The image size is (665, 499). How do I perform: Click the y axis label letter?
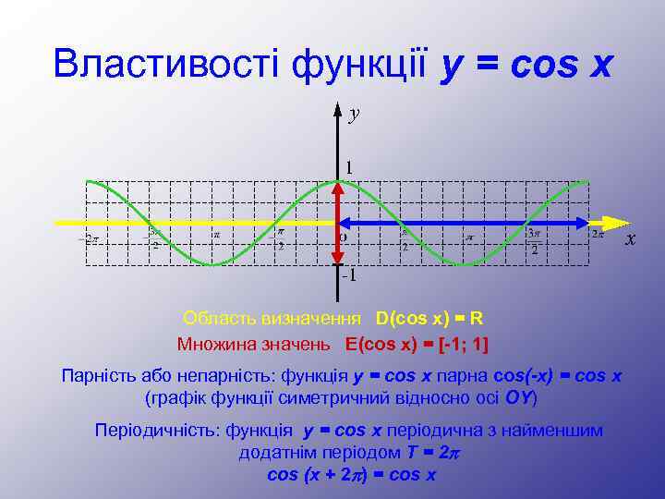tap(354, 114)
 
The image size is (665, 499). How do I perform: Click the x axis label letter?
tap(631, 239)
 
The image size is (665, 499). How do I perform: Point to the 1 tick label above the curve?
tap(349, 167)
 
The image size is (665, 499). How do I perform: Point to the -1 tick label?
tap(349, 275)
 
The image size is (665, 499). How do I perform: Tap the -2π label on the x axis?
tap(89, 238)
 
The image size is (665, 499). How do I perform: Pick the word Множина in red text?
tap(212, 344)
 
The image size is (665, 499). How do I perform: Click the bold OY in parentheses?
tap(516, 398)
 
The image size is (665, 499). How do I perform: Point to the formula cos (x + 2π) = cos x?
tap(351, 475)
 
